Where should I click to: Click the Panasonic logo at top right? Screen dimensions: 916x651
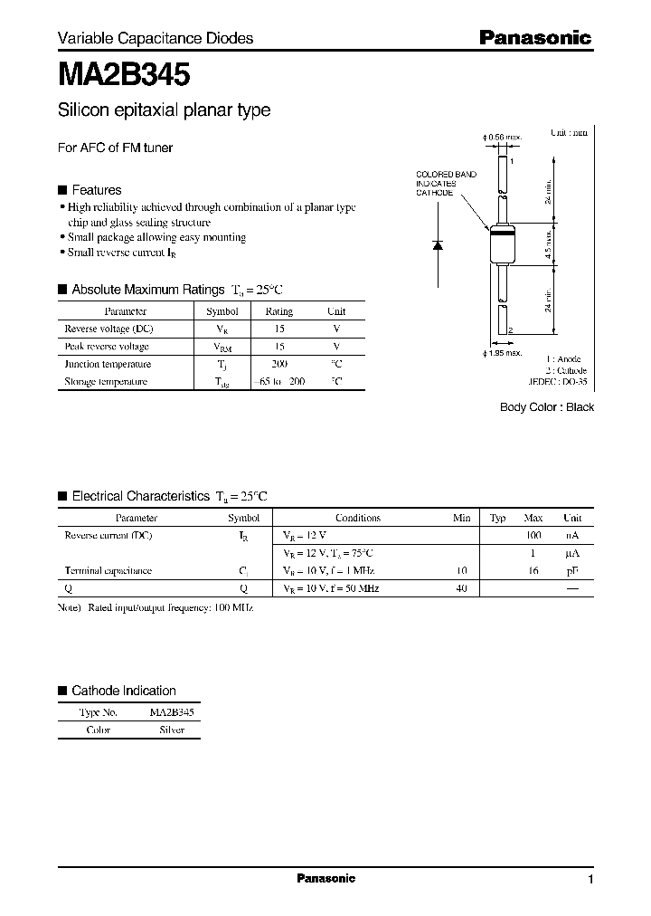534,38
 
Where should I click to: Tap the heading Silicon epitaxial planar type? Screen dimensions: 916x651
164,111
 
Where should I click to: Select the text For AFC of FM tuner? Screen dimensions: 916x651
115,148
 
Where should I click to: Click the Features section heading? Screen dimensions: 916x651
96,190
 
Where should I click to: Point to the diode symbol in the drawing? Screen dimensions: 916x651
438,244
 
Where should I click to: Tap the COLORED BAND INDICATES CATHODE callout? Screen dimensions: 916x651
437,183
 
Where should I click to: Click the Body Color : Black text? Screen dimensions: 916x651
547,407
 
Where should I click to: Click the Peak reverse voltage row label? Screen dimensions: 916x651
107,347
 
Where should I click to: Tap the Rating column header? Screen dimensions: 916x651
278,311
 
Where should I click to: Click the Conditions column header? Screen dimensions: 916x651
357,519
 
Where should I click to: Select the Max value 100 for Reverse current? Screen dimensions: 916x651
533,536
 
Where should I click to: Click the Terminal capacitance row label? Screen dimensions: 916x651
108,571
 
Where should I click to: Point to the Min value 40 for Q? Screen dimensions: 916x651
461,588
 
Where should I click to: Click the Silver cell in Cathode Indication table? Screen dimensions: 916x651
171,730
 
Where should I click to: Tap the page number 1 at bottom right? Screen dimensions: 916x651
590,880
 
